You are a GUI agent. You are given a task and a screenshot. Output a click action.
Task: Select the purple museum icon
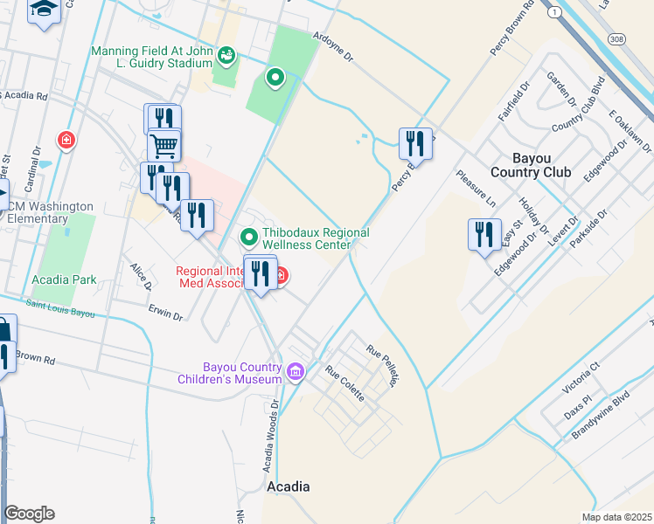296,373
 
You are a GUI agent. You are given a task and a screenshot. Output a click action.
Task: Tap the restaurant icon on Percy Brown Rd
416,143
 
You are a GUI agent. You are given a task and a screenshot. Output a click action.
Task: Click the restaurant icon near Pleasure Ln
484,235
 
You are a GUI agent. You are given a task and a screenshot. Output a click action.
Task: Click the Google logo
29,514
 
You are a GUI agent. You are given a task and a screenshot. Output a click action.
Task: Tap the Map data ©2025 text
616,517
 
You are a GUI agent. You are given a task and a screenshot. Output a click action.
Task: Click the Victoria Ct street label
582,376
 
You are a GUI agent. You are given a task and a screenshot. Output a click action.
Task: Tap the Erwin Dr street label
164,313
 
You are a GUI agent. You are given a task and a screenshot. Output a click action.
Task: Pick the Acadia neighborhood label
288,486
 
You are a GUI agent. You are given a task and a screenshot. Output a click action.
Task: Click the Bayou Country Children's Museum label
242,373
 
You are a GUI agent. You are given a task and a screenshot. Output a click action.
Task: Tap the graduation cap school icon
44,10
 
